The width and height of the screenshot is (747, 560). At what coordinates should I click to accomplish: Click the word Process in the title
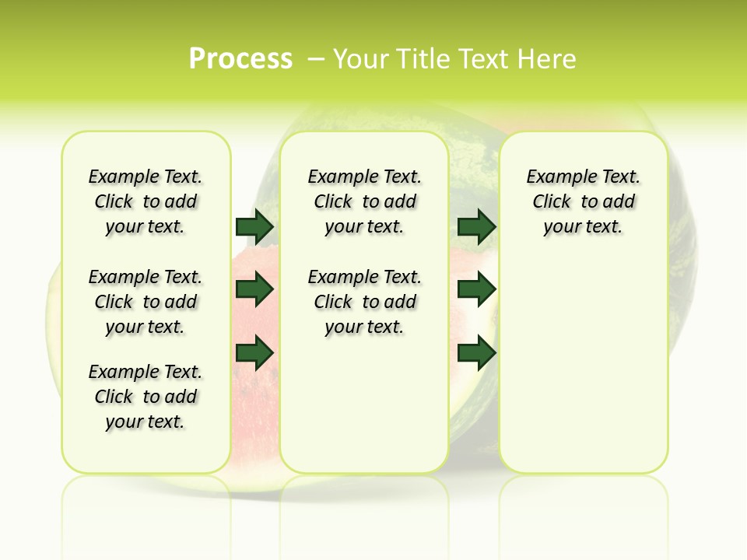tap(240, 59)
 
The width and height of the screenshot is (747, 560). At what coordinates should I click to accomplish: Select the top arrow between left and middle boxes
tap(254, 226)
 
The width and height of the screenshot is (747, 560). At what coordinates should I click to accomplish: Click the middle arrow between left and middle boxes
tap(254, 289)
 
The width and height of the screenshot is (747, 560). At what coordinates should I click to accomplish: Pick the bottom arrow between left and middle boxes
tap(254, 352)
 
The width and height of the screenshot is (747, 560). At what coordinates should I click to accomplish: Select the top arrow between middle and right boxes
tap(476, 226)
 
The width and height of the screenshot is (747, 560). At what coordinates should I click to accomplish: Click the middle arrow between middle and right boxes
tap(476, 289)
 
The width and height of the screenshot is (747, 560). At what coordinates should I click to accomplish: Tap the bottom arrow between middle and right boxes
tap(476, 352)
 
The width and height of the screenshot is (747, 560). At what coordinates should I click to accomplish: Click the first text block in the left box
tap(146, 201)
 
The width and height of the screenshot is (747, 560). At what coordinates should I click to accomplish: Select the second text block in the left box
tap(146, 302)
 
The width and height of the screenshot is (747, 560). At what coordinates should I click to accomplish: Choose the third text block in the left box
tap(146, 397)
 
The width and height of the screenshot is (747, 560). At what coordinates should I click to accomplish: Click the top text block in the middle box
tap(364, 201)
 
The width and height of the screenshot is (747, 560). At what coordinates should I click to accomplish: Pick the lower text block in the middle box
tap(364, 302)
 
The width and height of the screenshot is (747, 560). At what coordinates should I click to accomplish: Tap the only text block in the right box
tap(583, 201)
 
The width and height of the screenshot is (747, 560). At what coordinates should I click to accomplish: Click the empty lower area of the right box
tap(583, 366)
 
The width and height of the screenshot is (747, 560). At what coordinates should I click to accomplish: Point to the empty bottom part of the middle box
tap(364, 412)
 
